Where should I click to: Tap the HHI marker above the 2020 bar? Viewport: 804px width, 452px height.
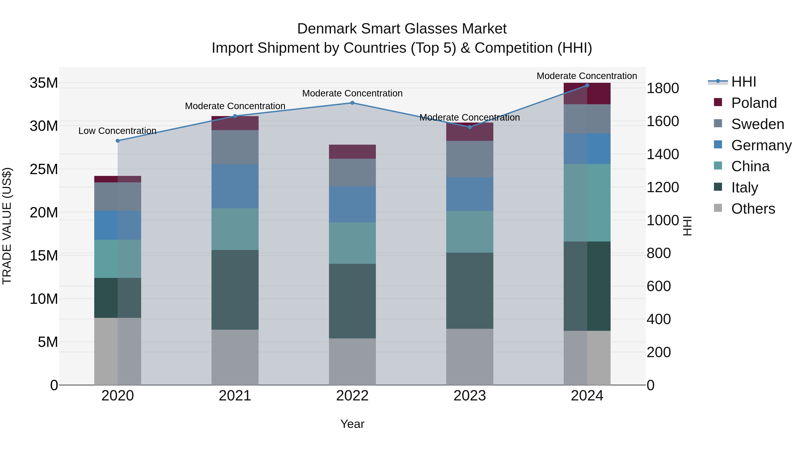pyautogui.click(x=118, y=141)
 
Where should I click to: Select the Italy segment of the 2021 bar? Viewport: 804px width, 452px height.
pyautogui.click(x=235, y=290)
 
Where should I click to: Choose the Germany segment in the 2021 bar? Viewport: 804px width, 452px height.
pyautogui.click(x=235, y=186)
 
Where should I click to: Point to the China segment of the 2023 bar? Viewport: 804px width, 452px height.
pyautogui.click(x=469, y=231)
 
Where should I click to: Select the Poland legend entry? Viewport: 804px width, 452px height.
pyautogui.click(x=754, y=103)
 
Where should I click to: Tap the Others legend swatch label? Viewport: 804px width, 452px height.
pyautogui.click(x=753, y=209)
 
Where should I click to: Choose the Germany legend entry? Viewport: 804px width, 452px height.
pyautogui.click(x=761, y=145)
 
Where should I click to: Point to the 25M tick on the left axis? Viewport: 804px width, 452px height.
pyautogui.click(x=44, y=169)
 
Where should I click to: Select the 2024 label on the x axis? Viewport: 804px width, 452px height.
pyautogui.click(x=587, y=396)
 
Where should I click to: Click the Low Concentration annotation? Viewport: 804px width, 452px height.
pyautogui.click(x=117, y=131)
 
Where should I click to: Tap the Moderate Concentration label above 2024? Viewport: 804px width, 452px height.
pyautogui.click(x=586, y=76)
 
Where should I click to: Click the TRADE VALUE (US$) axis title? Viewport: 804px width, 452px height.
pyautogui.click(x=7, y=226)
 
